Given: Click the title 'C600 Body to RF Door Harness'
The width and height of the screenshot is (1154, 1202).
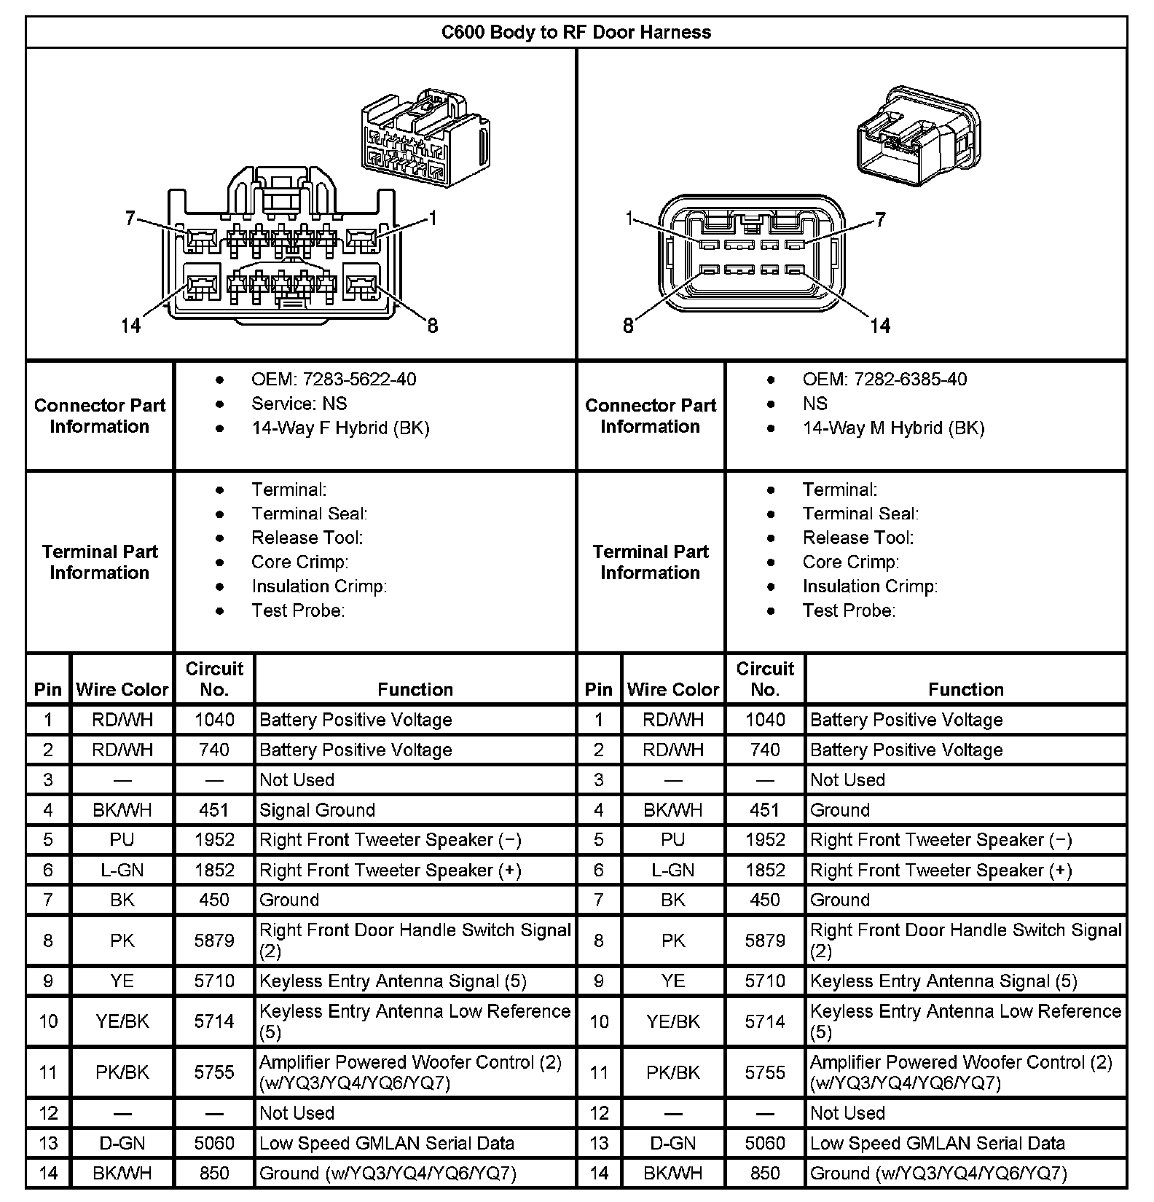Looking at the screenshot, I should coord(576,32).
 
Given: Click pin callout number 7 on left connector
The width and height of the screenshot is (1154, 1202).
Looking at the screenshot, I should coord(130,218).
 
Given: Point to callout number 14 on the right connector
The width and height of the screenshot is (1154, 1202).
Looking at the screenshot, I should coord(880,325).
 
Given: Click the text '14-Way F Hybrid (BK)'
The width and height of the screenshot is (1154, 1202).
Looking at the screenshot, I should coord(340,428).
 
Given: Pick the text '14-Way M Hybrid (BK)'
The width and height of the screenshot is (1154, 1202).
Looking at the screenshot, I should coord(893,428).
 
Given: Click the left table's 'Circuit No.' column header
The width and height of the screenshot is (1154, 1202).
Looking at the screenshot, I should coord(214,679).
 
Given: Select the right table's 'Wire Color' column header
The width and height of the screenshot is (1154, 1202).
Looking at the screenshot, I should coord(672,689).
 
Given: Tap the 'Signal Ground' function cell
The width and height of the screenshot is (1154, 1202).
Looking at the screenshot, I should coord(317,809).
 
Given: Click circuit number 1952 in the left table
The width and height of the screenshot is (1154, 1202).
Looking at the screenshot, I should coord(214,839).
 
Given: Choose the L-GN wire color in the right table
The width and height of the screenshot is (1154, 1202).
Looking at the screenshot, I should coord(672,870).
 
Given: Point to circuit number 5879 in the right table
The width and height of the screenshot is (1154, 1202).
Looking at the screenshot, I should coord(765,940).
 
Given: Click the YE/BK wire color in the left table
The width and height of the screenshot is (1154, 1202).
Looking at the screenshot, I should coord(122,1021).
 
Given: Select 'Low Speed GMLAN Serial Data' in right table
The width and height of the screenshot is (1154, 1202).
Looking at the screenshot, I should coord(937,1143).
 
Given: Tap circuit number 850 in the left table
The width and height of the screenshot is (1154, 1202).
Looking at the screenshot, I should coord(214,1173).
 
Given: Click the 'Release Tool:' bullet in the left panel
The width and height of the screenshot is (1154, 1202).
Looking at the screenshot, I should coord(307,538).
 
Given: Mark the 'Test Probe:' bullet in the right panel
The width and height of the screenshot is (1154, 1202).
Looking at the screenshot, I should coord(849,610).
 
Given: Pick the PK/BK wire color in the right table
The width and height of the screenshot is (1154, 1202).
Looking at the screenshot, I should coord(672,1072).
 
